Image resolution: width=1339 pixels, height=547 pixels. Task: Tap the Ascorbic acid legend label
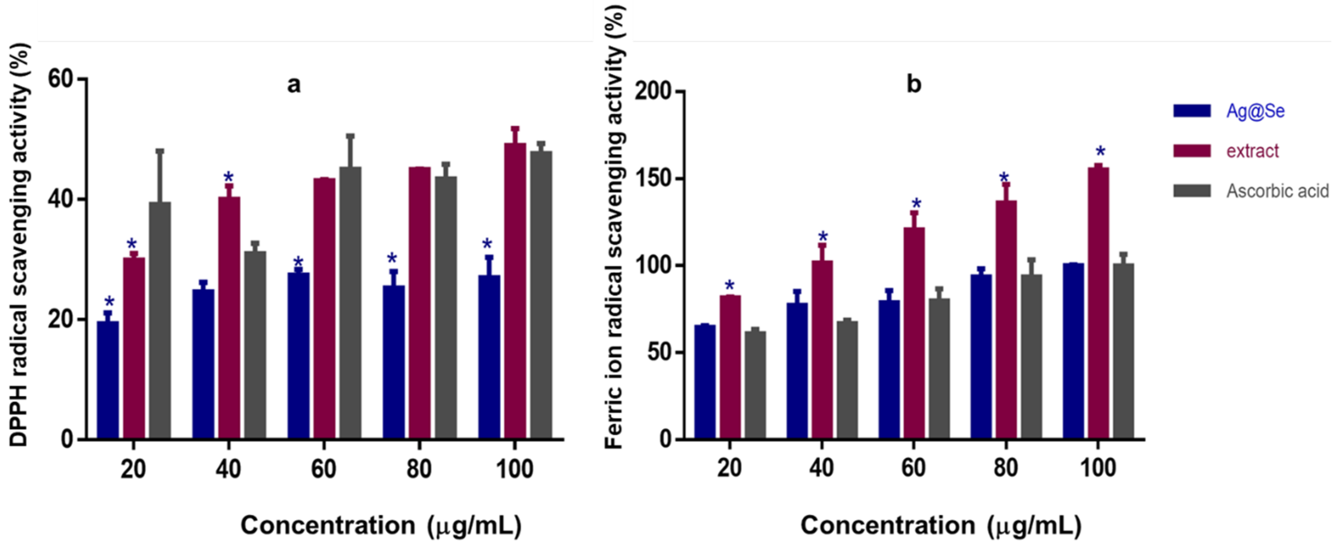pos(1277,191)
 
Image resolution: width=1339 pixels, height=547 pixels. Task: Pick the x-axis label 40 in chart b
pos(821,468)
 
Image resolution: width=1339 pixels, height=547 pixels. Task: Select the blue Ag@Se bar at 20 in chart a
pos(108,380)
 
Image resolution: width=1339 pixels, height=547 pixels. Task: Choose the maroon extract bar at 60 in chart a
pos(324,308)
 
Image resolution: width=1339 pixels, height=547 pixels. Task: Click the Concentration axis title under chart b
pos(941,525)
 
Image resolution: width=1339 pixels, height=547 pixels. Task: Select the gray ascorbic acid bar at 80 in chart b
pos(1031,356)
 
